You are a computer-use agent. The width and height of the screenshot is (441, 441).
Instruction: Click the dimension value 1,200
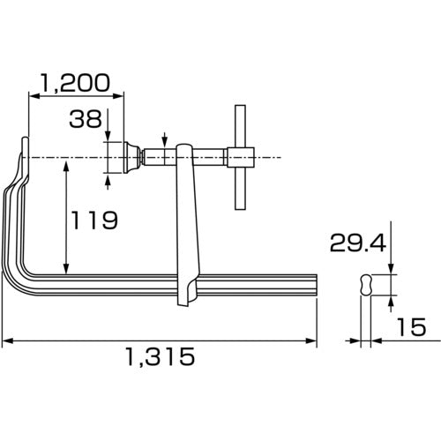point(75,83)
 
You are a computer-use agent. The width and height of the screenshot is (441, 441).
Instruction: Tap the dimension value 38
point(86,119)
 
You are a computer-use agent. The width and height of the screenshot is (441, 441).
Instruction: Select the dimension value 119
point(94,220)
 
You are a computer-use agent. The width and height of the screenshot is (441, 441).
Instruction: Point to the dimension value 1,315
point(161,356)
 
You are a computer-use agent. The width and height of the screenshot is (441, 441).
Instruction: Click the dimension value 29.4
point(357,243)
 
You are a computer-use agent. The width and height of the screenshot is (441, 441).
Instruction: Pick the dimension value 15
point(411,327)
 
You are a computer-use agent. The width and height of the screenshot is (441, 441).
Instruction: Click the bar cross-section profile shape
point(366,285)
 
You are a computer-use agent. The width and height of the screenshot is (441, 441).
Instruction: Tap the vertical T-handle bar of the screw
point(240,157)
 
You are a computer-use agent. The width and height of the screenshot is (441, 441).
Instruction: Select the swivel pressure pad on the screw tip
point(132,158)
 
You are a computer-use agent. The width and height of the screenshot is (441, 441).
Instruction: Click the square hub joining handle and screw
point(241,157)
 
